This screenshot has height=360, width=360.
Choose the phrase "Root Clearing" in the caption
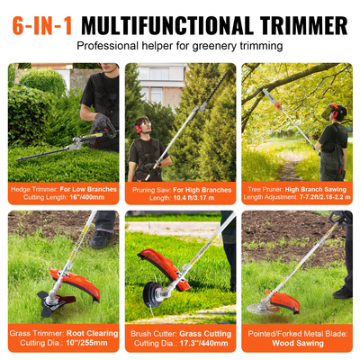coord(85,333)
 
